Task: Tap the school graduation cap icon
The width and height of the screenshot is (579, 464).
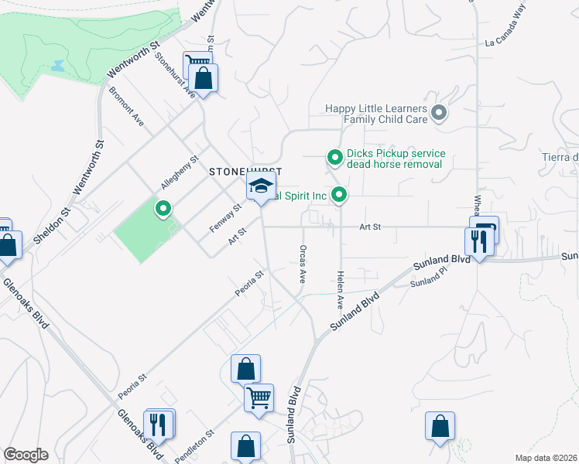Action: (262, 186)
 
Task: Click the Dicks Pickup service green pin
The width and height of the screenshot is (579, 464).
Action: (335, 158)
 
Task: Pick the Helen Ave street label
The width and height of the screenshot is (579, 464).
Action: (339, 292)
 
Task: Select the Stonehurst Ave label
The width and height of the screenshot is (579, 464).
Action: (175, 73)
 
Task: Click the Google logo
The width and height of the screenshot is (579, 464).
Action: (26, 455)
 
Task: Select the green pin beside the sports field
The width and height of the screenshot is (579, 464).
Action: (163, 208)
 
